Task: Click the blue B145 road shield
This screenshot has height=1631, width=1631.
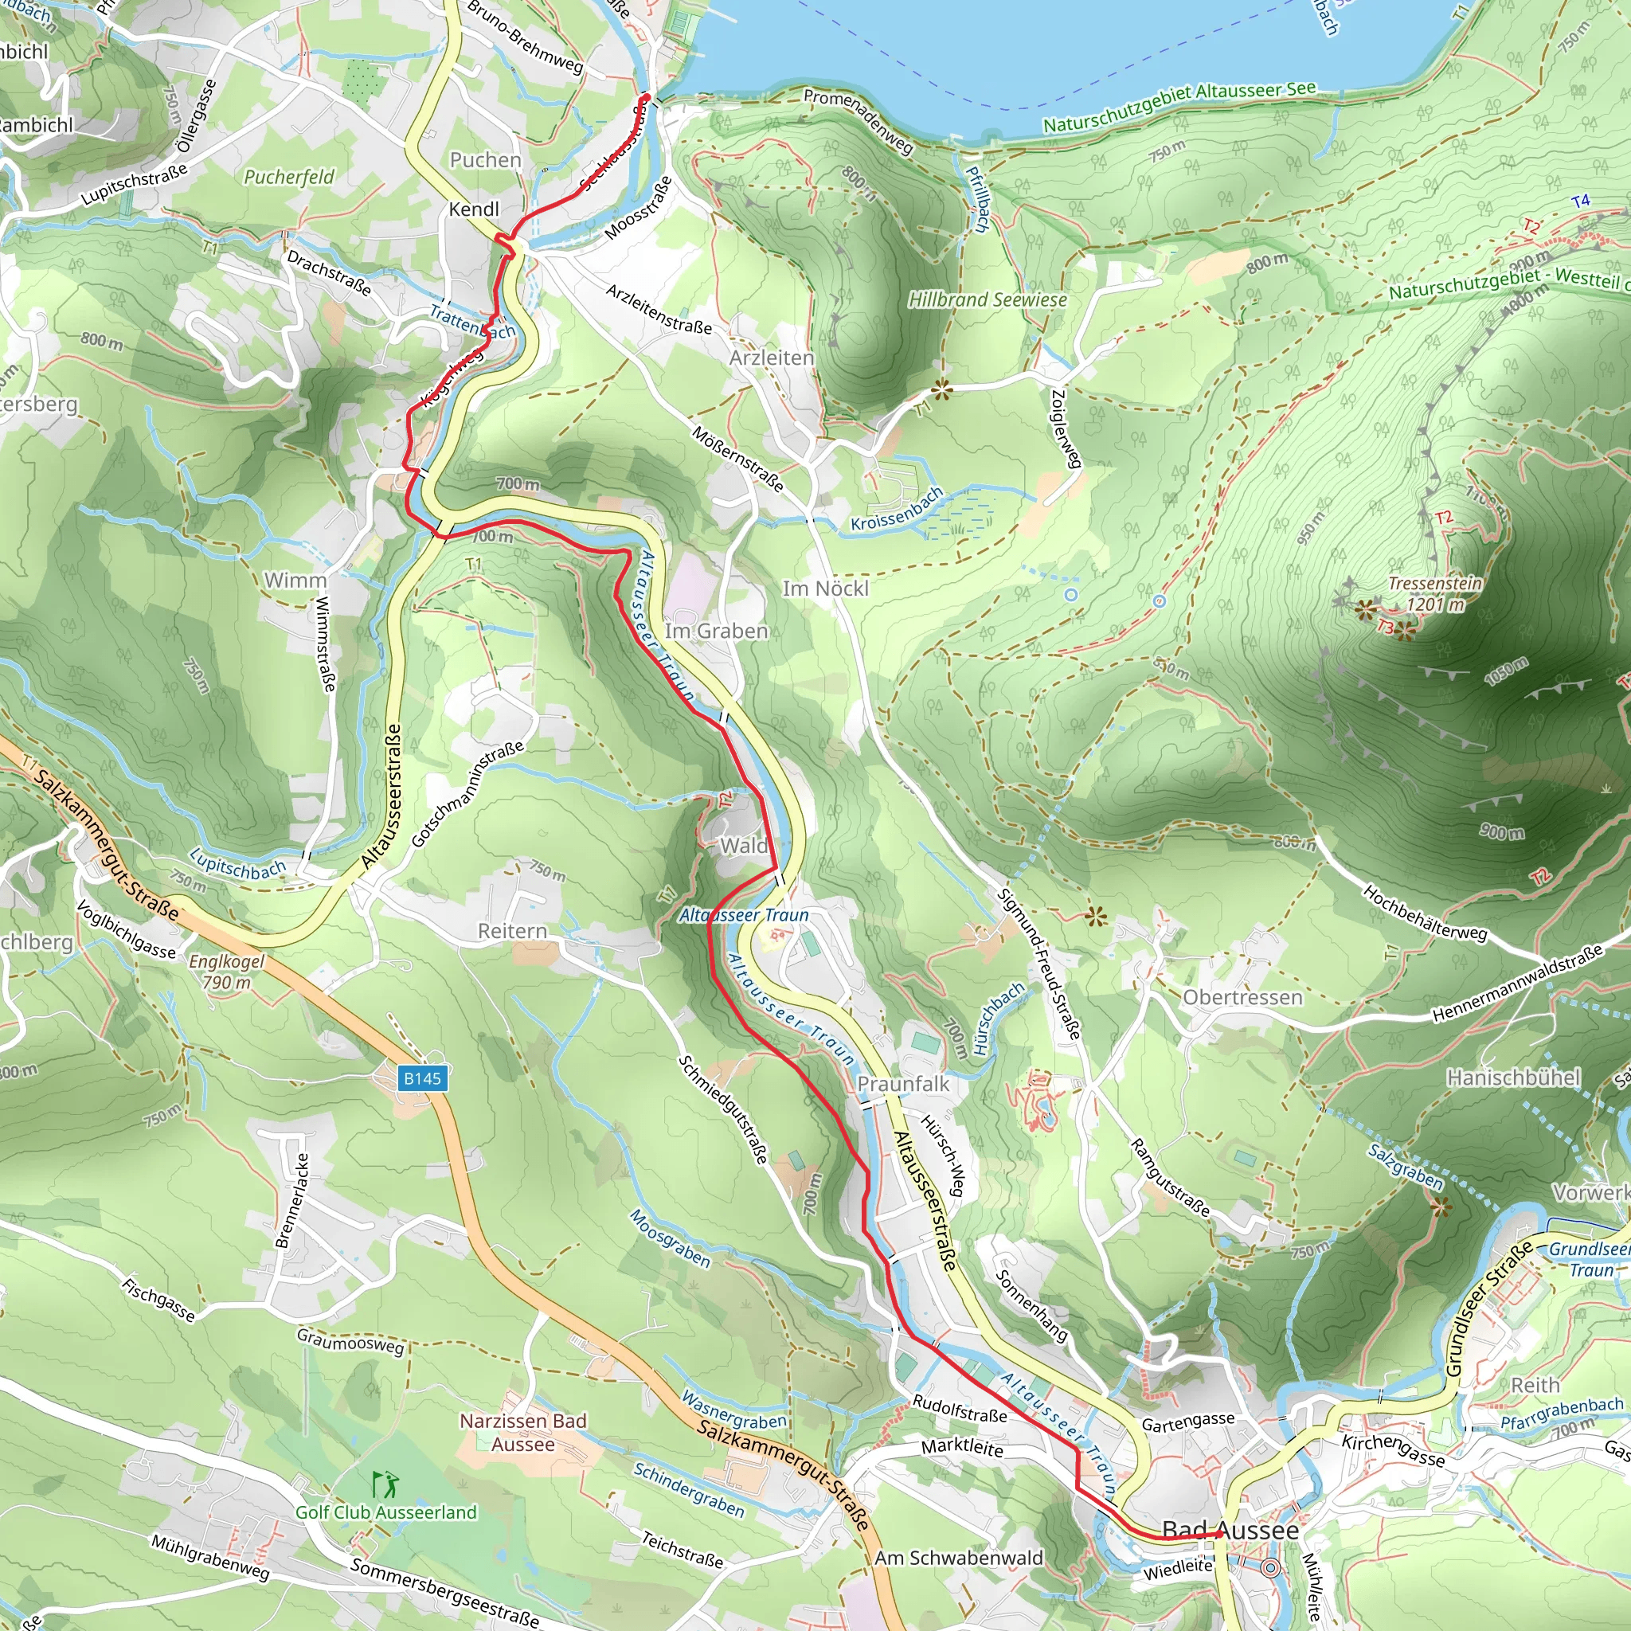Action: click(x=422, y=1078)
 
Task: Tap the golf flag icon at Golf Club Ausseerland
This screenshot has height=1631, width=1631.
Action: click(x=385, y=1483)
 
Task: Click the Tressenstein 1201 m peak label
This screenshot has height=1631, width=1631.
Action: click(x=1434, y=593)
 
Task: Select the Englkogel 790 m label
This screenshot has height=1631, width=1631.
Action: click(x=226, y=972)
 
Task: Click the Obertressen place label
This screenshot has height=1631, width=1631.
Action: click(x=1242, y=997)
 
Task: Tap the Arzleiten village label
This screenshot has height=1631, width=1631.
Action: click(x=772, y=358)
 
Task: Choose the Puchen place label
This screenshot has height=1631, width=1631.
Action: click(x=486, y=159)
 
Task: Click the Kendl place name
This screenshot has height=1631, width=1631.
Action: click(x=474, y=209)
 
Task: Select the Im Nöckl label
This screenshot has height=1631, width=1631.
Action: click(x=825, y=589)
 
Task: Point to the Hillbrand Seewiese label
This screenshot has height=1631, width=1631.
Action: click(x=987, y=299)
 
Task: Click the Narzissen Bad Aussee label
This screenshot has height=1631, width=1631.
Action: click(x=522, y=1433)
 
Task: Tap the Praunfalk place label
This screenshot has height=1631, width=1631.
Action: click(x=903, y=1083)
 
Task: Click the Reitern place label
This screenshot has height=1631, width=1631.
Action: click(x=512, y=930)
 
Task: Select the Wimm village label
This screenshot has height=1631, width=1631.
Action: click(x=295, y=580)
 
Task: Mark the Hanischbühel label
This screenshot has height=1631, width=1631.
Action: click(x=1513, y=1078)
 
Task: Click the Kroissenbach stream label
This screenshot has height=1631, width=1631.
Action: click(x=897, y=509)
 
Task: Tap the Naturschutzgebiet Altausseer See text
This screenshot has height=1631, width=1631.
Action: click(x=1179, y=108)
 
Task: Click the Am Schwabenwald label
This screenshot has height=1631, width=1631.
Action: click(x=958, y=1558)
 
